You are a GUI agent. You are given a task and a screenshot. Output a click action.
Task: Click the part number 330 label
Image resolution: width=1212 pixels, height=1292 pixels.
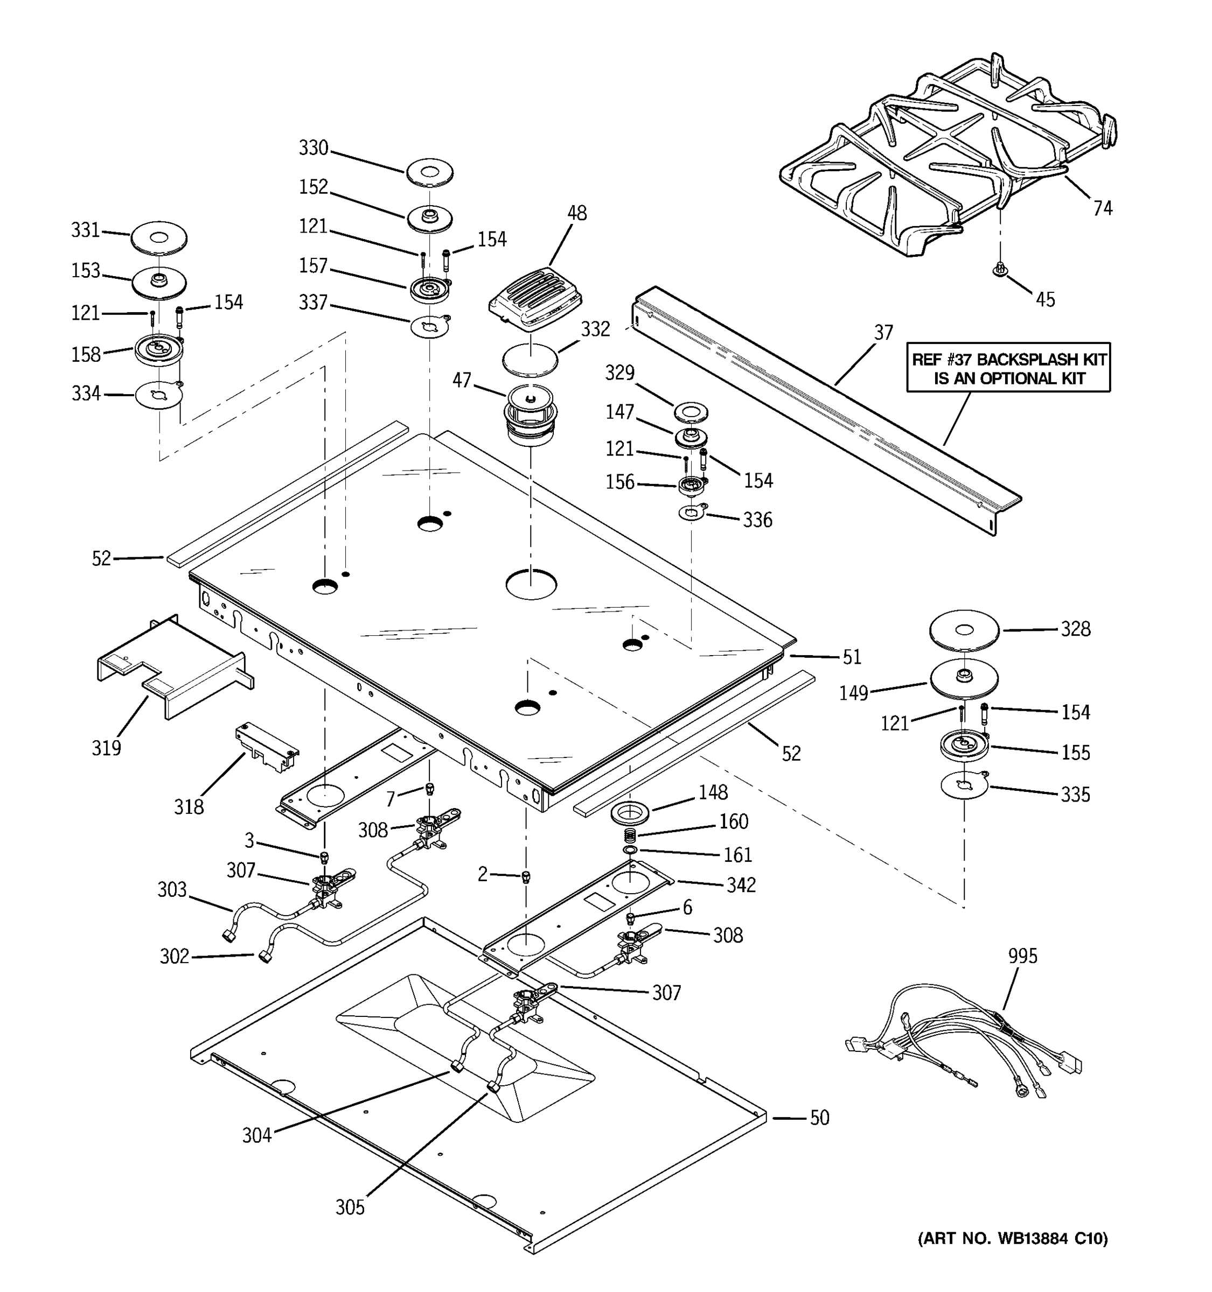point(313,148)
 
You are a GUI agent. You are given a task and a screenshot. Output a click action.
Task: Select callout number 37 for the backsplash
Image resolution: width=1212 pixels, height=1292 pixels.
point(883,333)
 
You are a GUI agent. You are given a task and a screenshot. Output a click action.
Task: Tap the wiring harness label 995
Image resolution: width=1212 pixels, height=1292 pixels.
point(1022,956)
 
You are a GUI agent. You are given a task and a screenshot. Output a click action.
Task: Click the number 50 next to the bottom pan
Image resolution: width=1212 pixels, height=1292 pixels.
point(819,1118)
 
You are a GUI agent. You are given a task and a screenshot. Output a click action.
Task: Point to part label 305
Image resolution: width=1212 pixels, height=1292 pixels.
point(350,1207)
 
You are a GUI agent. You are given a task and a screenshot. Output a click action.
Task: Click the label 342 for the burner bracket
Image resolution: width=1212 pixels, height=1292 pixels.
point(741,884)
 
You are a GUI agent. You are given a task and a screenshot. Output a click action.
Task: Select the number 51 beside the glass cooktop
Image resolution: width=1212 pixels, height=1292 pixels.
point(852,657)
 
